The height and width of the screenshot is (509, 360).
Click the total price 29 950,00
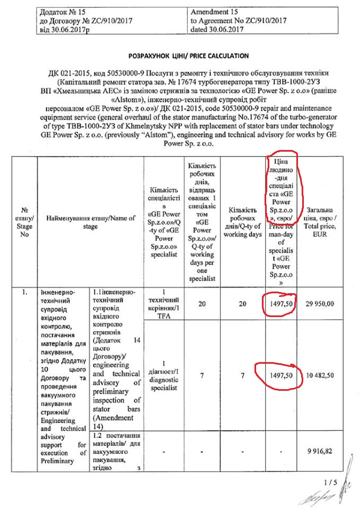[323, 305]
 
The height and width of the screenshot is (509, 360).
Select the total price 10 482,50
[323, 376]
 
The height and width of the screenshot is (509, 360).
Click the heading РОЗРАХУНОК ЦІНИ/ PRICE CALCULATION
[188, 55]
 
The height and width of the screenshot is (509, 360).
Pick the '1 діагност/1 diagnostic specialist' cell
[164, 376]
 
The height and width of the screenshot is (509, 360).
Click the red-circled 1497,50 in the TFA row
[278, 305]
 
